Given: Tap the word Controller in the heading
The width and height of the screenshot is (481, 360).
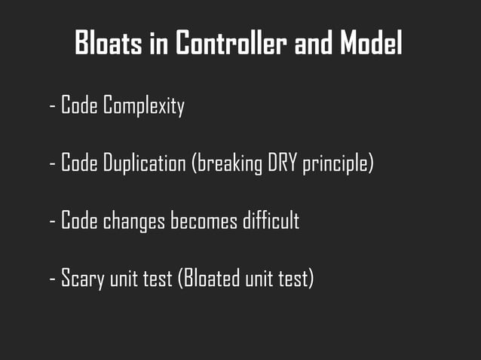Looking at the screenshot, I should coord(231,44).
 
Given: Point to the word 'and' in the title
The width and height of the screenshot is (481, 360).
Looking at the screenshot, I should coord(313,44).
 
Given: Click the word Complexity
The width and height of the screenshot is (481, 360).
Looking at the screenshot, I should coord(144,106).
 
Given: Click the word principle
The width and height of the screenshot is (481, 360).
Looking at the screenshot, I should coord(337,163).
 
